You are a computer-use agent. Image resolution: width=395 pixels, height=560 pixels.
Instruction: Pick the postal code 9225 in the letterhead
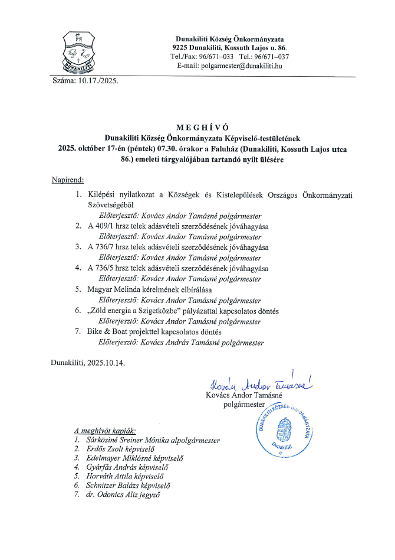[180, 47]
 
